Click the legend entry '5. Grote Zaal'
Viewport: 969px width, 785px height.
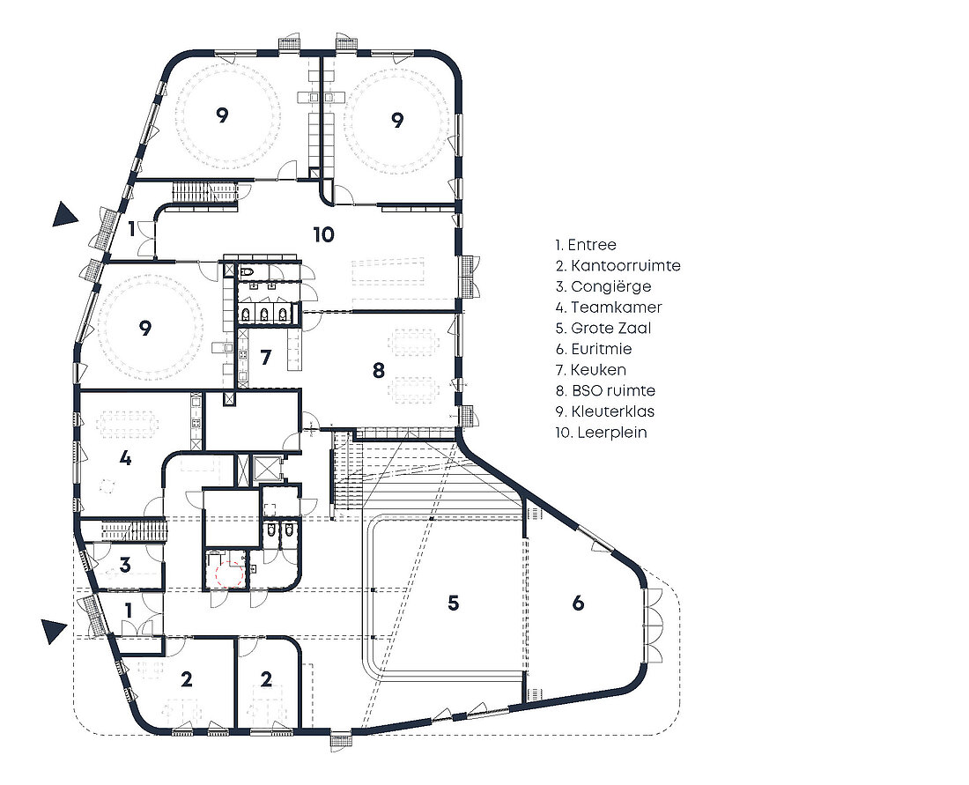click(603, 329)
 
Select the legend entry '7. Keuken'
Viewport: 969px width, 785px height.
click(591, 370)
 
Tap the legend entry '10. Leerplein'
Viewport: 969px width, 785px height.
click(602, 432)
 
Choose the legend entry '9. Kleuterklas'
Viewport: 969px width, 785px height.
click(605, 411)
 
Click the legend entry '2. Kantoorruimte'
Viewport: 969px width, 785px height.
click(618, 266)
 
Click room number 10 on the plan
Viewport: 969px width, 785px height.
click(324, 235)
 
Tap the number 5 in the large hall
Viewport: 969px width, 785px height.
click(453, 603)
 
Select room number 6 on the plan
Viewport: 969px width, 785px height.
click(578, 603)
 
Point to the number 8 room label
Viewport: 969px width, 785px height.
click(379, 370)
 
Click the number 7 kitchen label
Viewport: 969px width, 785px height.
click(266, 358)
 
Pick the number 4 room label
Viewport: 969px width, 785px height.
click(125, 458)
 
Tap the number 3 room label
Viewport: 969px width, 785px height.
click(125, 565)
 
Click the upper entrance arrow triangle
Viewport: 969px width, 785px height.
click(63, 214)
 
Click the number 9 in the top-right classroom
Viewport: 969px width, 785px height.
click(397, 119)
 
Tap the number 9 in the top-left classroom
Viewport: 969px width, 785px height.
click(223, 115)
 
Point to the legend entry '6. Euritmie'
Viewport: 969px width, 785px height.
click(593, 349)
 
